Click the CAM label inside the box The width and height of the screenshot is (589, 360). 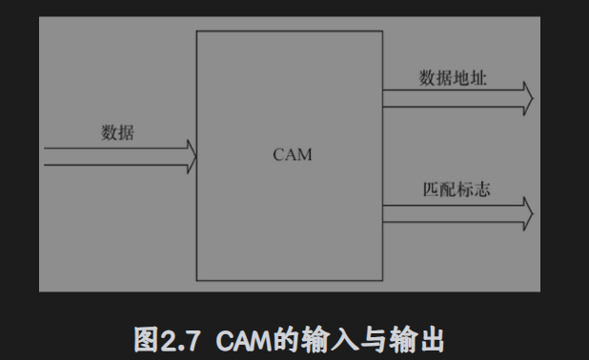(x=293, y=155)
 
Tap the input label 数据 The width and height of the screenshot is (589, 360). (x=118, y=133)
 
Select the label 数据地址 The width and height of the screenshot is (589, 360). (x=454, y=78)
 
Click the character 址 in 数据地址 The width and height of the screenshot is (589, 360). (x=478, y=78)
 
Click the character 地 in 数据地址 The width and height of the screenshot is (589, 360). (x=462, y=78)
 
